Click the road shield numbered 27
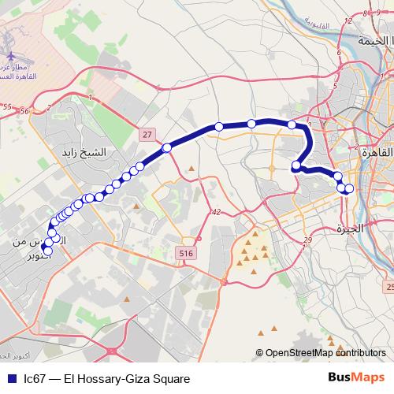pos(147,135)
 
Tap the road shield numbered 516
pos(185,252)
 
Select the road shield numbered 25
pos(389,287)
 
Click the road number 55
pos(6,106)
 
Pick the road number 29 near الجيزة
pos(307,240)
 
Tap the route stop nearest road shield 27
pos(167,147)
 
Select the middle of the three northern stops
pos(251,123)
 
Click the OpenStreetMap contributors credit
pos(326,354)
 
